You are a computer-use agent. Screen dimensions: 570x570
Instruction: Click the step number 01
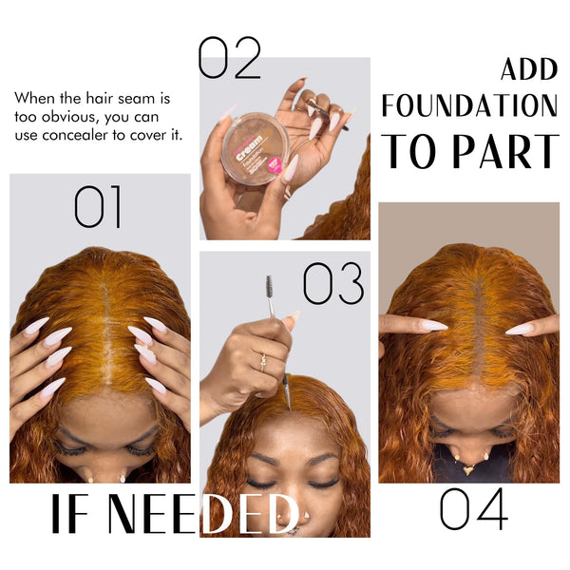coord(99,207)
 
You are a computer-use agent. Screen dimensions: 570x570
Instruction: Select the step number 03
coord(333,283)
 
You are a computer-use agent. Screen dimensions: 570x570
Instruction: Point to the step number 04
coord(473,509)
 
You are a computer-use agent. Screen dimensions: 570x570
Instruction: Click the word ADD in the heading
coord(529,69)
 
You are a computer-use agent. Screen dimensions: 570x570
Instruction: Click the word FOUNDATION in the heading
coord(469,106)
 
